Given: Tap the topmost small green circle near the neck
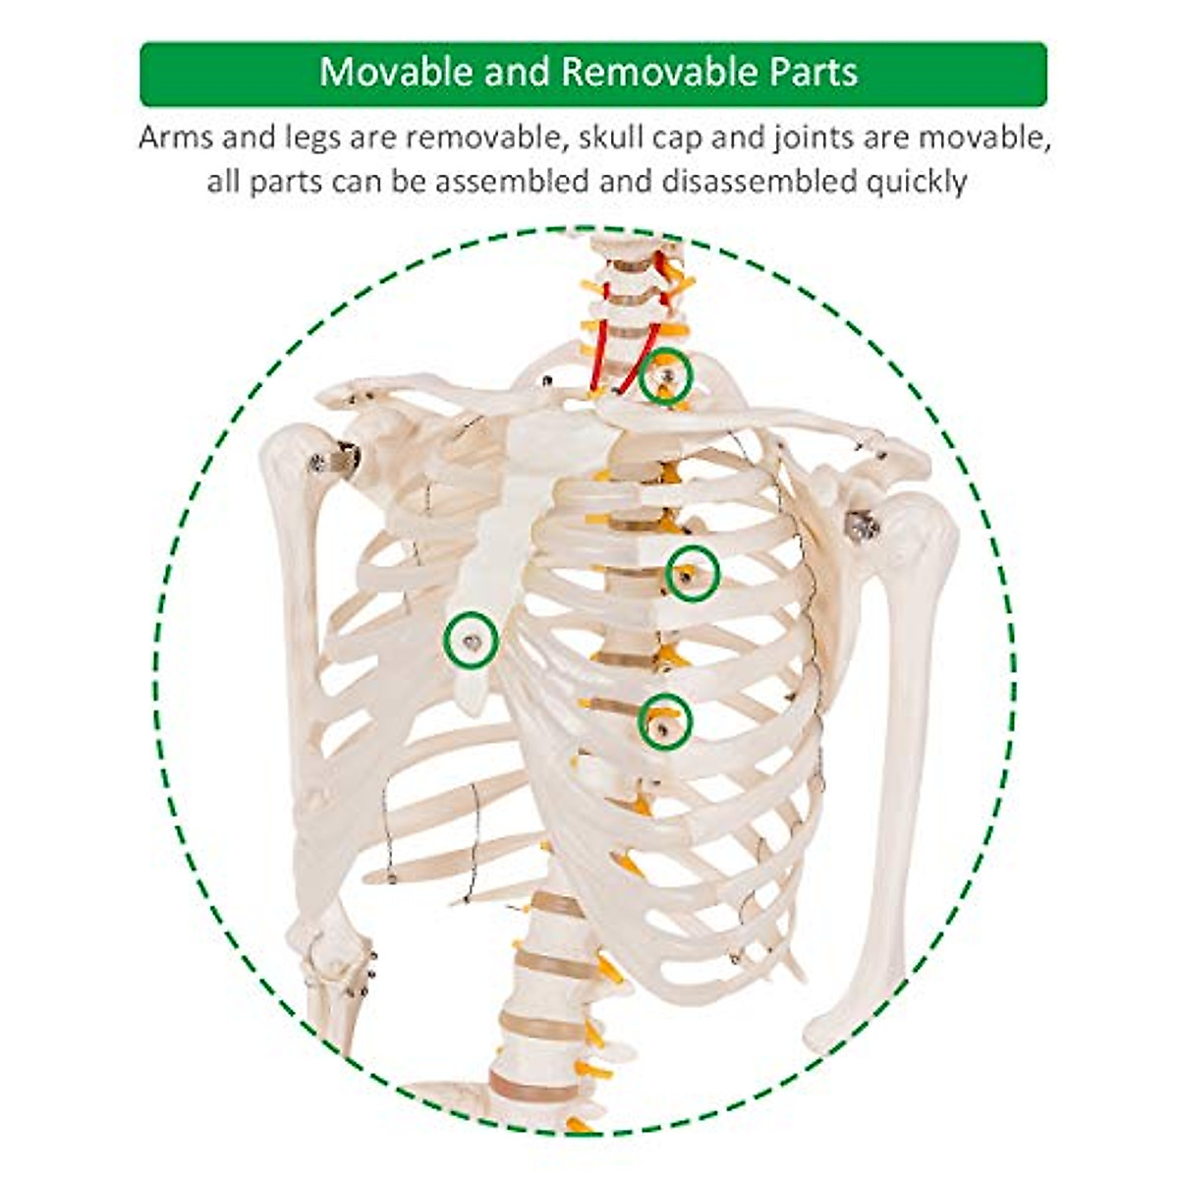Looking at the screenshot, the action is [x=666, y=376].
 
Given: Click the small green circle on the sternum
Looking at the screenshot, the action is [x=472, y=641].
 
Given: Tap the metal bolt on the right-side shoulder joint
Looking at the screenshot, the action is [x=864, y=527].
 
